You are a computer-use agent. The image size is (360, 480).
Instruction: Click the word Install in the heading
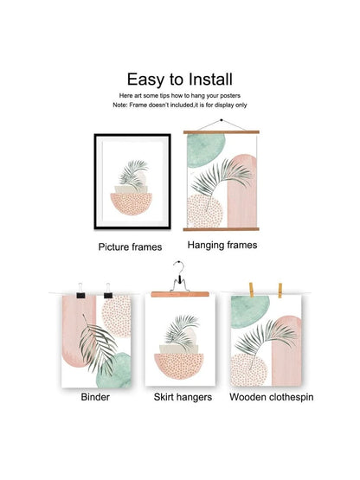point(210,80)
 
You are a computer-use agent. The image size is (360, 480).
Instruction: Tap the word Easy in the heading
point(145,80)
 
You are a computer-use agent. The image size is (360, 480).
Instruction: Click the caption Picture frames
point(130,247)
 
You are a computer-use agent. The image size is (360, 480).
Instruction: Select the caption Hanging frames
point(222,246)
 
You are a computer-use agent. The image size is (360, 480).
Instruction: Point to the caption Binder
point(95,397)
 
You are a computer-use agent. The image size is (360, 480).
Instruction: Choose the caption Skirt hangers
point(183,397)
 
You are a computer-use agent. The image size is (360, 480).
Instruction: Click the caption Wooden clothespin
point(272,397)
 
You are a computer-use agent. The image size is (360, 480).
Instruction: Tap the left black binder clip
point(80,291)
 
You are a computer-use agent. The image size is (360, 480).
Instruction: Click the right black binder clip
point(108,291)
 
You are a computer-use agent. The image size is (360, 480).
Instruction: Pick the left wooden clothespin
point(251,290)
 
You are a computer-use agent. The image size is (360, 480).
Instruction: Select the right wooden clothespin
point(280,291)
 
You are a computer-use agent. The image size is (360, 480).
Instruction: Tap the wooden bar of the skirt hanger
point(180,295)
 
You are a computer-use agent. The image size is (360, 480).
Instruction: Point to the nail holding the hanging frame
point(222,120)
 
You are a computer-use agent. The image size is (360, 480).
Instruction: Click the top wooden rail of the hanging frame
point(222,132)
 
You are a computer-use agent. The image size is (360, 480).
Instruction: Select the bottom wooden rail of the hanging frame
point(222,229)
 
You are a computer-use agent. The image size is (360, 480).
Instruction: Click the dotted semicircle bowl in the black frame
point(132,203)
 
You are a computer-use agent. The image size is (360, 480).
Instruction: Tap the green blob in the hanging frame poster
point(205,150)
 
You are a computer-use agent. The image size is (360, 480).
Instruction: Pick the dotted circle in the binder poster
point(117,316)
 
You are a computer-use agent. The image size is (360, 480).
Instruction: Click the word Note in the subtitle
point(119,105)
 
